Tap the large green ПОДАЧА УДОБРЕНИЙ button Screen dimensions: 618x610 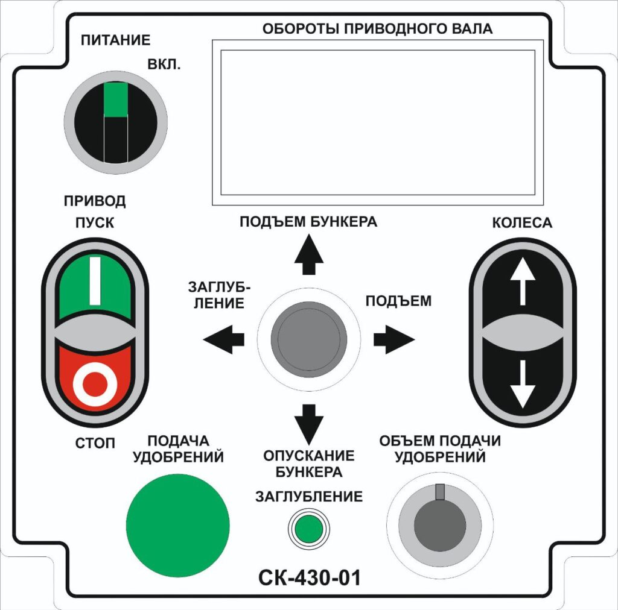[x=178, y=526]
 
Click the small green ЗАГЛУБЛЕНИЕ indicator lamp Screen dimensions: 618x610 [x=308, y=528]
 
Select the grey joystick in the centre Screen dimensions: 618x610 [x=308, y=339]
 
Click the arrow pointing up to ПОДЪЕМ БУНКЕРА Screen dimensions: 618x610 [x=309, y=254]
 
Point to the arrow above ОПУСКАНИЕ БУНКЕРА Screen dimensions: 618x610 [x=309, y=424]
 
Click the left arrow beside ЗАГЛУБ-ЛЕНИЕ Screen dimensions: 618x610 [x=223, y=339]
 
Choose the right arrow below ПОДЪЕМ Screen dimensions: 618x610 [x=394, y=339]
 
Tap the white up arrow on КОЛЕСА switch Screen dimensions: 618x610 [x=523, y=281]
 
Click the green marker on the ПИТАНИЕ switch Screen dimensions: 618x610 [x=115, y=99]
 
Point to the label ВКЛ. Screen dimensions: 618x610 [x=164, y=64]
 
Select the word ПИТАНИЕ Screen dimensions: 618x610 [x=115, y=40]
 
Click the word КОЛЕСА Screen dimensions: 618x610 [x=522, y=223]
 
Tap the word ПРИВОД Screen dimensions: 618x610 [x=95, y=201]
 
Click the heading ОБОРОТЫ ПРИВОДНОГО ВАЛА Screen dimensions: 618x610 [x=377, y=29]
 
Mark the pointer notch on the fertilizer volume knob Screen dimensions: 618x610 [x=440, y=492]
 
